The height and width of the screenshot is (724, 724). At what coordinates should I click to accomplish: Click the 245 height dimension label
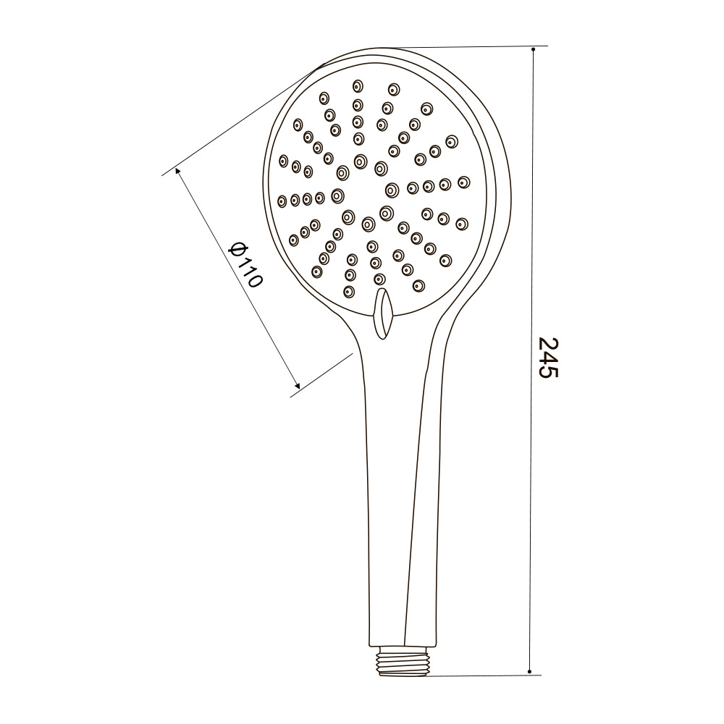tap(549, 358)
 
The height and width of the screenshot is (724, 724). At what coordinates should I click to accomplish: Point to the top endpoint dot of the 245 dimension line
tap(534, 49)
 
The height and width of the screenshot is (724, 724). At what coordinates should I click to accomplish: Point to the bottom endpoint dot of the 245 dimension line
tap(530, 672)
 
